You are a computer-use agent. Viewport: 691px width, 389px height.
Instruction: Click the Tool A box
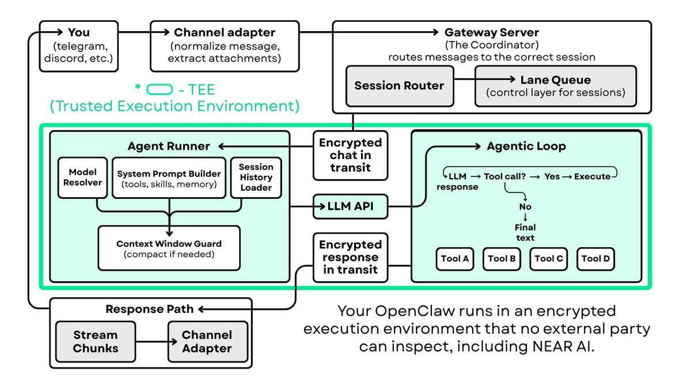[455, 259]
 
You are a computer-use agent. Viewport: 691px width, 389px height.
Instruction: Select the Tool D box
[595, 259]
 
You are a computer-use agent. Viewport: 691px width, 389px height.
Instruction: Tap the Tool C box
[549, 259]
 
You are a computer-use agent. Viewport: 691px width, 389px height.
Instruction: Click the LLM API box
[350, 207]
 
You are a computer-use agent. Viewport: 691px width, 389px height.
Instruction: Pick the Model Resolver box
[82, 177]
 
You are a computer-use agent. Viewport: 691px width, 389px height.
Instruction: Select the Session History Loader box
[256, 177]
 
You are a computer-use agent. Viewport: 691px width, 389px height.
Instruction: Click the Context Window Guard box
[169, 248]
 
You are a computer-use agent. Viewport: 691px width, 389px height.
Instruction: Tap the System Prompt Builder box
[169, 177]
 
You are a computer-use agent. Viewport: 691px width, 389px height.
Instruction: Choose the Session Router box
[399, 86]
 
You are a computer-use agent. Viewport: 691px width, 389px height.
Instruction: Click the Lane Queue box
[556, 86]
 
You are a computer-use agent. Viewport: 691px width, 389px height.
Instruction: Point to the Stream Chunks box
[96, 342]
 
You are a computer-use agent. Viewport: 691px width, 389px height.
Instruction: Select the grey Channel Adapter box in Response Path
[207, 342]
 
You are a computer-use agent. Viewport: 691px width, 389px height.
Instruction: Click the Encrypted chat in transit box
[350, 155]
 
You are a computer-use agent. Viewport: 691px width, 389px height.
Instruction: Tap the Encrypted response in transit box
[350, 257]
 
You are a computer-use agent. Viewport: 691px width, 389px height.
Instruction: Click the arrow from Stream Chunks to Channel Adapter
[151, 342]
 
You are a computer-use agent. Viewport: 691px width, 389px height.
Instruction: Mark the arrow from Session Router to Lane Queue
[484, 80]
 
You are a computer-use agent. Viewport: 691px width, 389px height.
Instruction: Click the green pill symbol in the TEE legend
[160, 89]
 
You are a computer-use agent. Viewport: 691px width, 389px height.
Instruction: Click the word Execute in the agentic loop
[592, 176]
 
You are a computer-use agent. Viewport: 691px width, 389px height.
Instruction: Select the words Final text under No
[525, 232]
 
